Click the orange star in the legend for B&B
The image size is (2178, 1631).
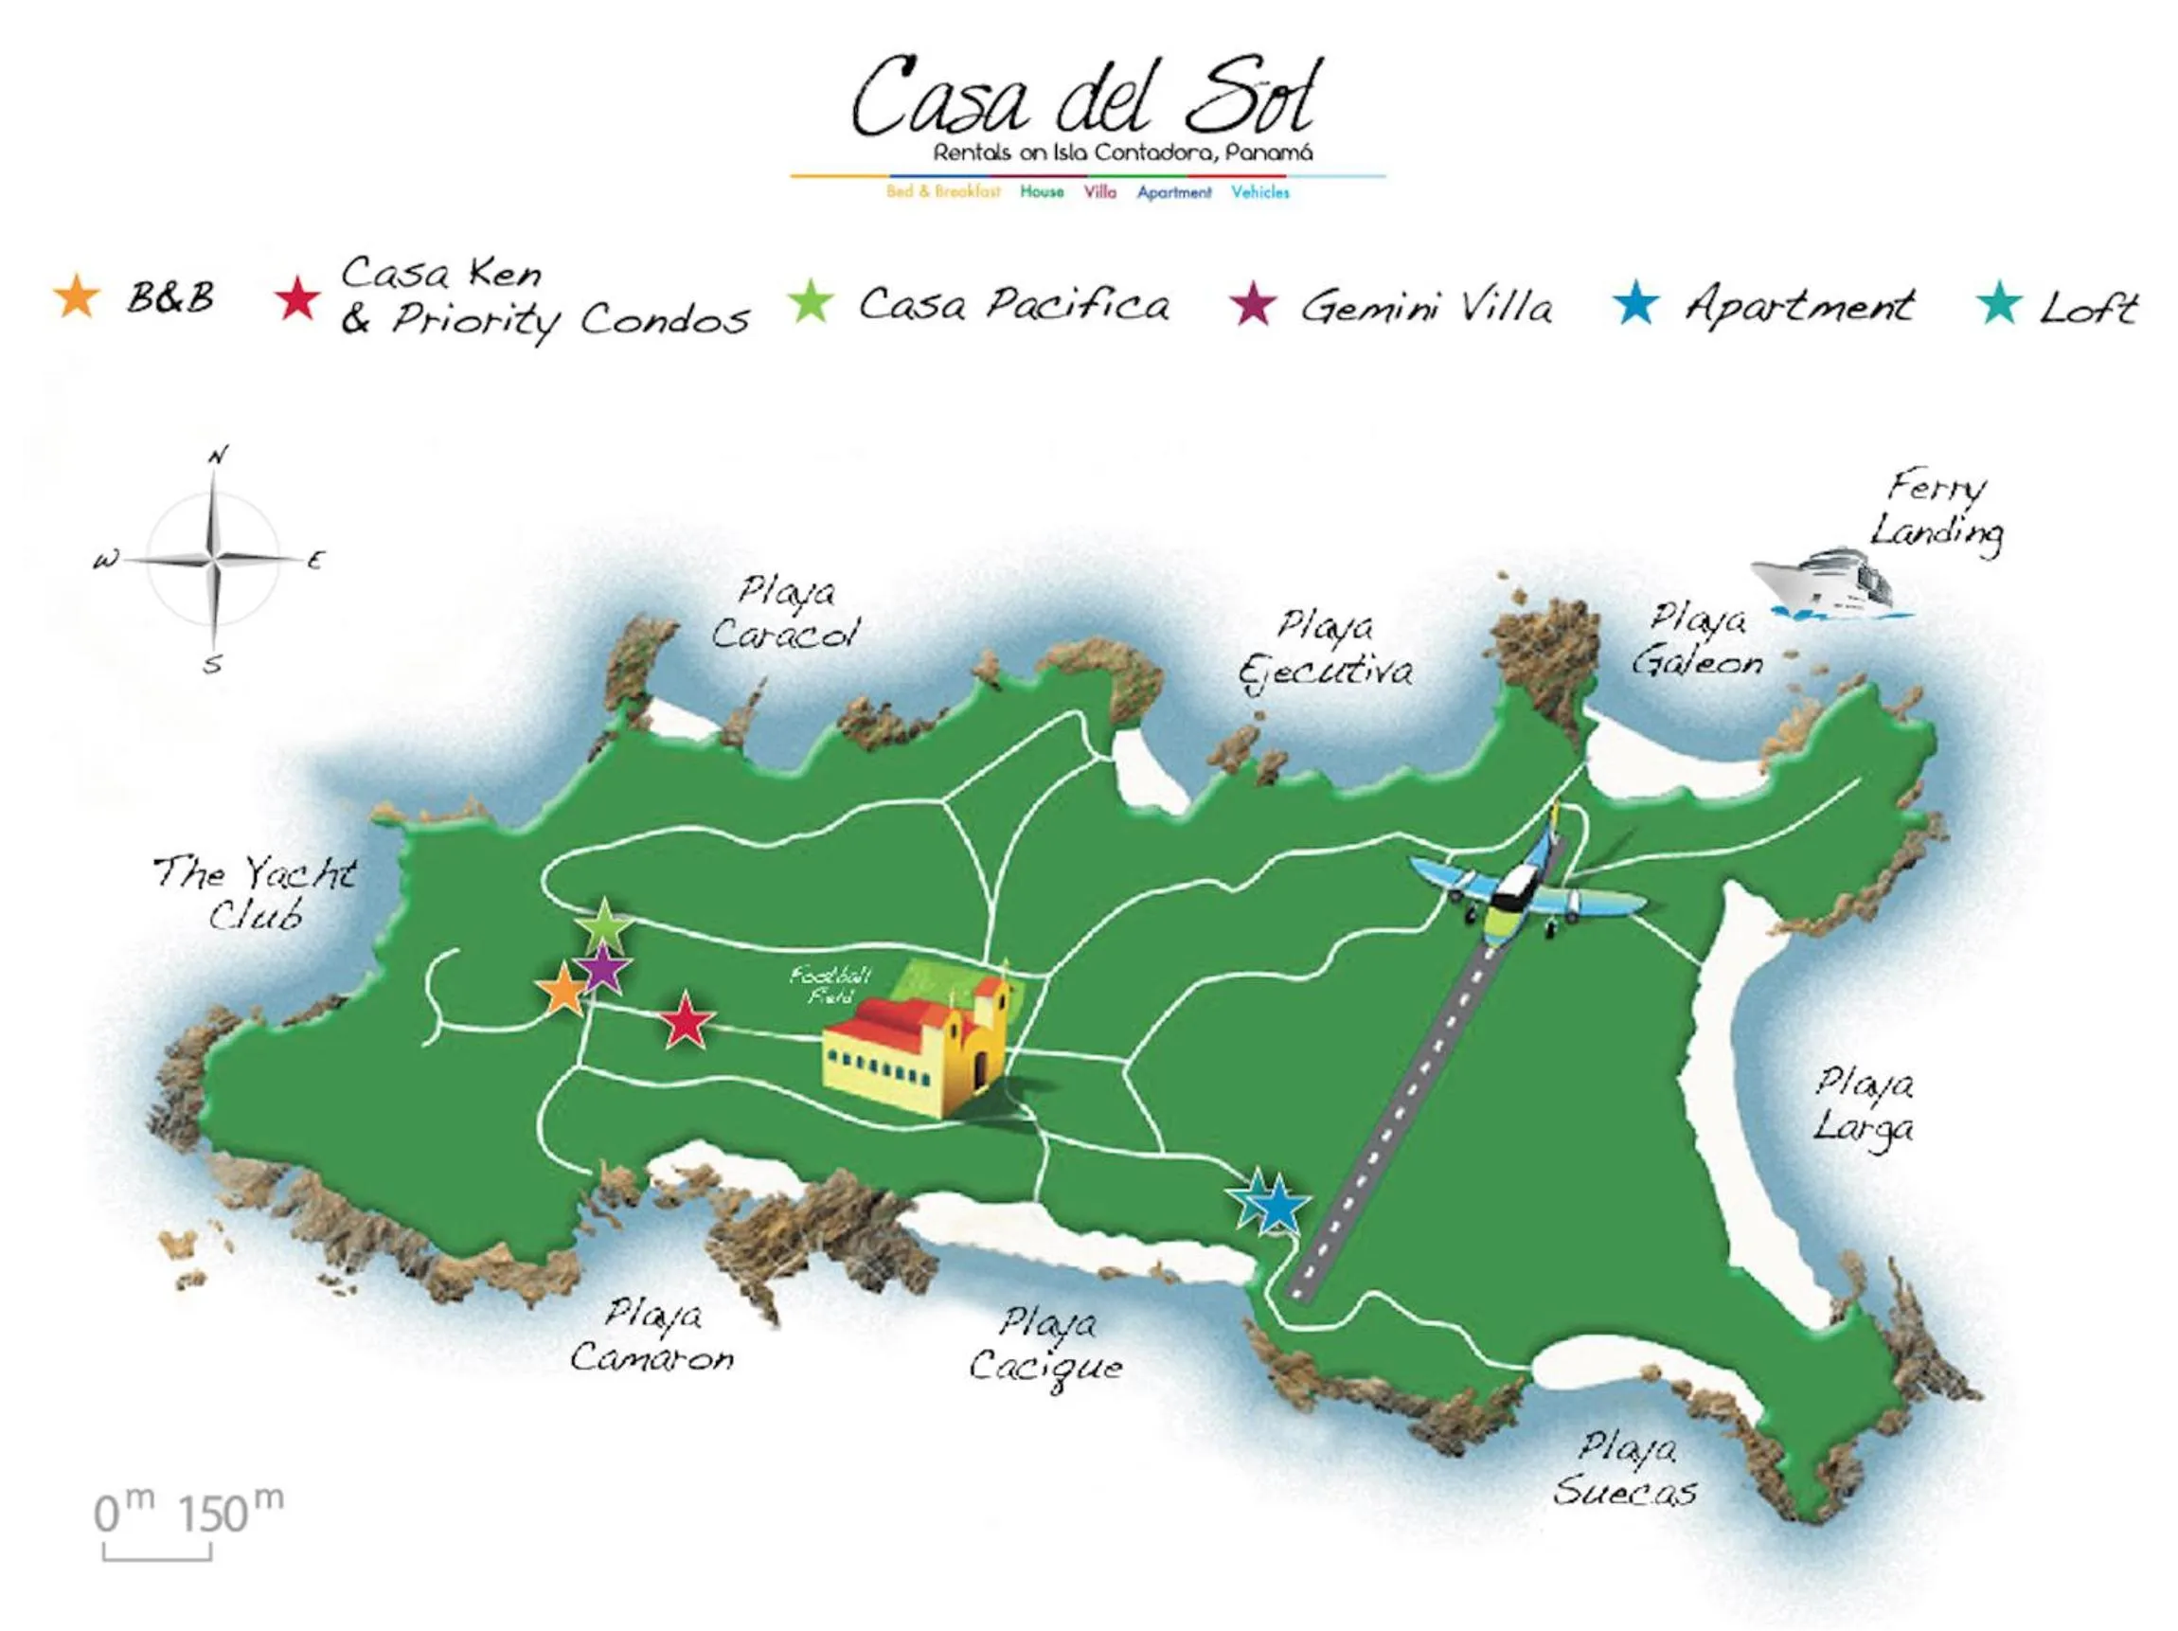[x=77, y=297]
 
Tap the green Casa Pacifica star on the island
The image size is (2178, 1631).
[x=604, y=924]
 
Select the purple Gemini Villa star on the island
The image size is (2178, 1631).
[x=603, y=971]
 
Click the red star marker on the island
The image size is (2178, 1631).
[x=686, y=1021]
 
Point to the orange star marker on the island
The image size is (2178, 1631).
[x=563, y=991]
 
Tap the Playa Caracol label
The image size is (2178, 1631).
[x=786, y=614]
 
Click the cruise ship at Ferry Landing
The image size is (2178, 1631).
[x=1825, y=585]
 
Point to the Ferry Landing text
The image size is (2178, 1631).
[x=1937, y=511]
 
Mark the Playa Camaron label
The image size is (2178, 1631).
[x=652, y=1337]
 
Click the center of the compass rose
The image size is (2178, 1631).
[x=215, y=560]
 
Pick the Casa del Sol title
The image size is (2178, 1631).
[x=1083, y=99]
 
